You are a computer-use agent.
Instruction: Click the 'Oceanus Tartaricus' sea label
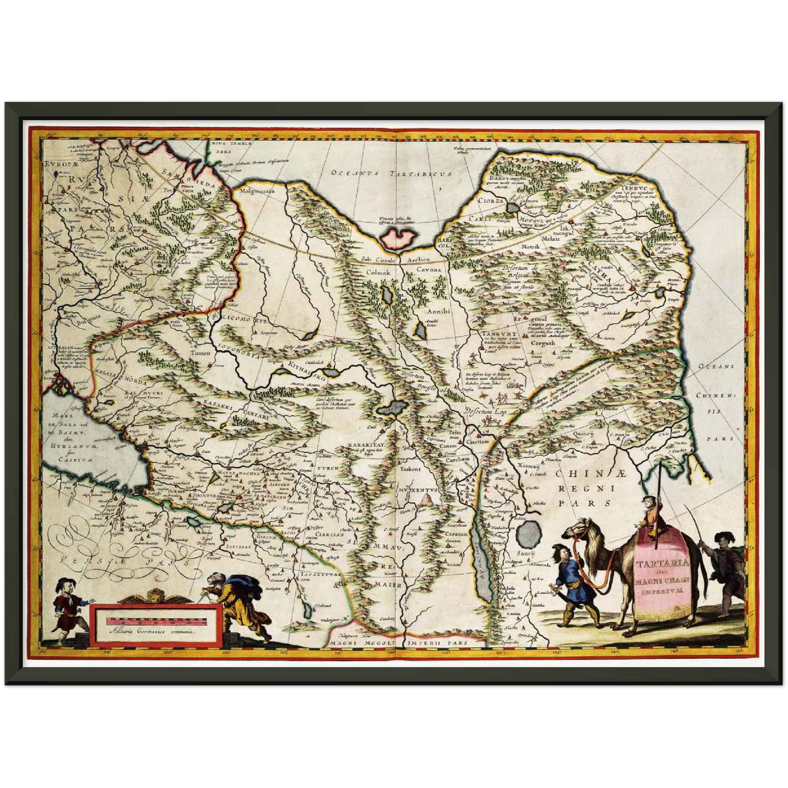pyautogui.click(x=392, y=173)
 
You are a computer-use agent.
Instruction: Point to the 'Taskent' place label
pyautogui.click(x=410, y=468)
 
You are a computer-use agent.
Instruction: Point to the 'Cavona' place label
pyautogui.click(x=429, y=270)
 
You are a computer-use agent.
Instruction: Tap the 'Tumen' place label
pyautogui.click(x=200, y=353)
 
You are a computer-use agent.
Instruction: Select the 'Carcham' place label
pyautogui.click(x=456, y=459)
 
